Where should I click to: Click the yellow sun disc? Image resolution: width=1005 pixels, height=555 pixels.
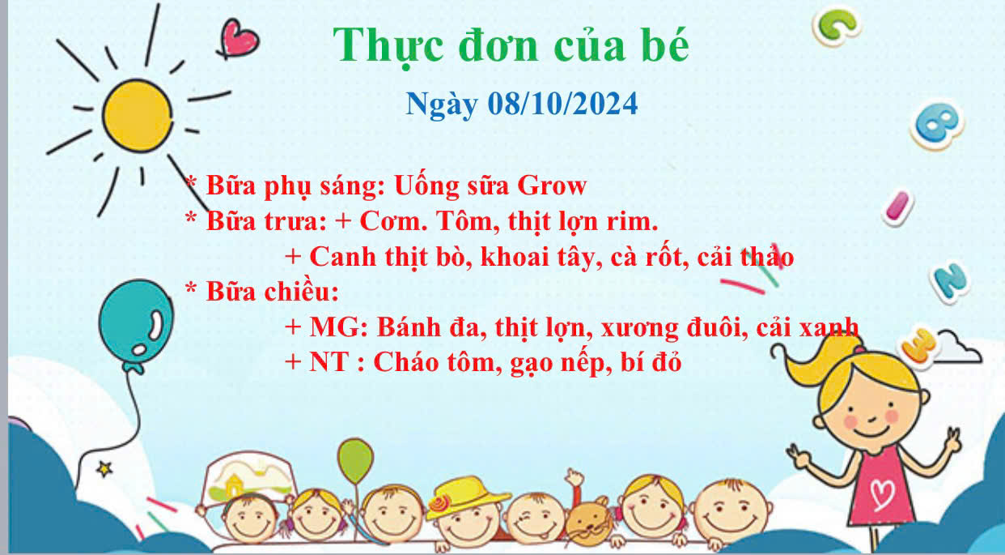(137, 116)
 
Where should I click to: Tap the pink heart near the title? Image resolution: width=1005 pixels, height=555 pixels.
(238, 39)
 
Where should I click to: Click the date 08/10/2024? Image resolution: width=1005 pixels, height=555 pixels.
(562, 104)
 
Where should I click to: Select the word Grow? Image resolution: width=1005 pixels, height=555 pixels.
(552, 186)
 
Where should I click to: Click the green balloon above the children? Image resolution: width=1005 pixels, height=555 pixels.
(355, 461)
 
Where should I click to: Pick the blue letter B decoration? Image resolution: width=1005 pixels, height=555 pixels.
(937, 125)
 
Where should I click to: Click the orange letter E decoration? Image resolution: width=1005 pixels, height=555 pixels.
(920, 345)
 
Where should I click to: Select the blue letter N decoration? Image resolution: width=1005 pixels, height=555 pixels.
(950, 282)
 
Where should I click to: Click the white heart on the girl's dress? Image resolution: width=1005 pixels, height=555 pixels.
(883, 495)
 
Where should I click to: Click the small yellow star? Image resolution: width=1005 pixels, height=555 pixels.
(104, 469)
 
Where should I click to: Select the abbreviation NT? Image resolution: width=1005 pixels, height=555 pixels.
(330, 362)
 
